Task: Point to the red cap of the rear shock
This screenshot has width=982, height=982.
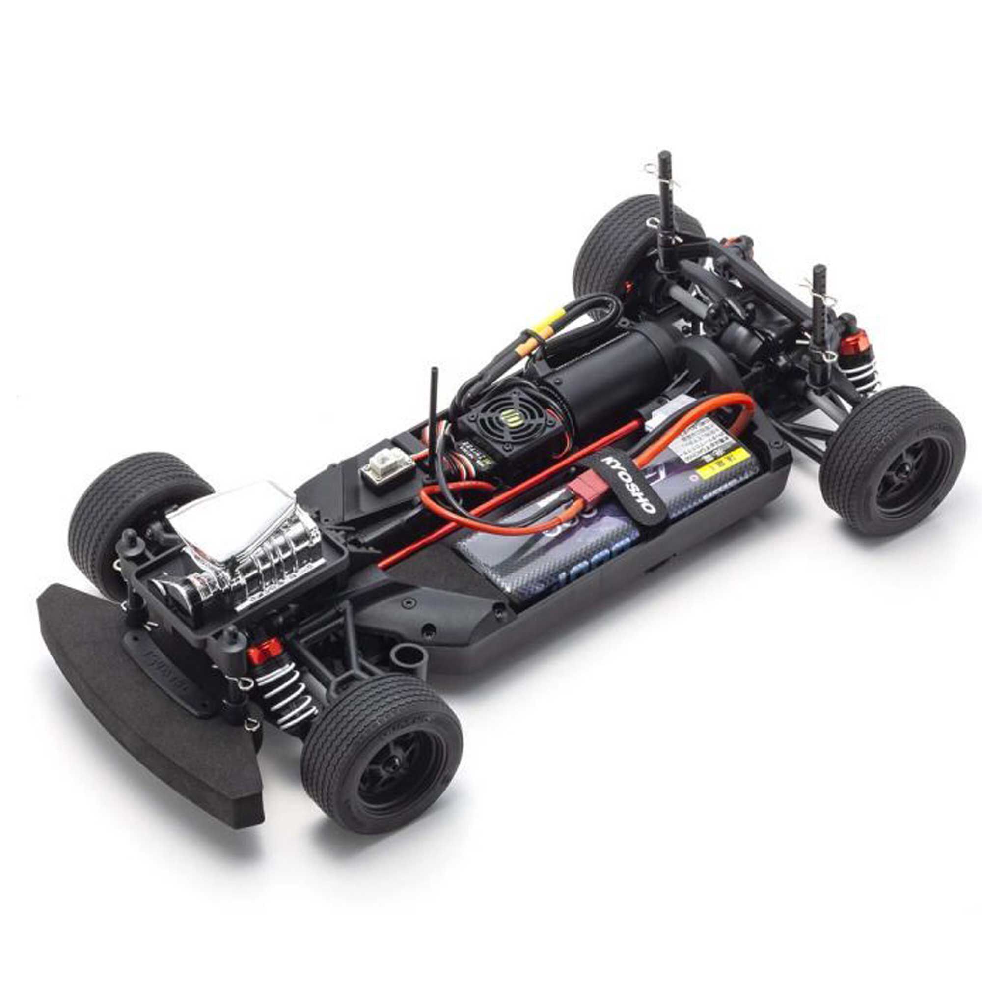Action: tap(855, 341)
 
